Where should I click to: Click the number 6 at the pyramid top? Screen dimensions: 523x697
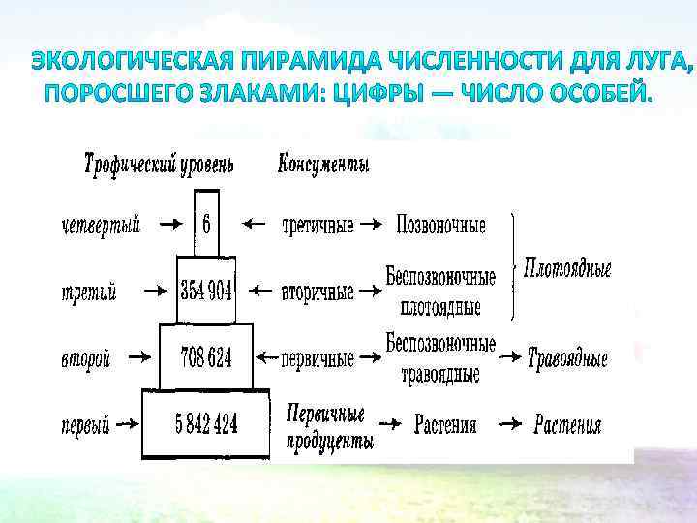(x=206, y=224)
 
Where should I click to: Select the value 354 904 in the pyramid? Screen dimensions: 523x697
(x=206, y=290)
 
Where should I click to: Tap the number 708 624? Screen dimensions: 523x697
(x=205, y=358)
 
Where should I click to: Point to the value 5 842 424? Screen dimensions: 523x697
(x=206, y=423)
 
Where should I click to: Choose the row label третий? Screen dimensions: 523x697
(x=88, y=291)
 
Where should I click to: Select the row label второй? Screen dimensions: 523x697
(x=86, y=358)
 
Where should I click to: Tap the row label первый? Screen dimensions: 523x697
(x=85, y=424)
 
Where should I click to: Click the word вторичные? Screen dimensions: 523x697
(x=317, y=291)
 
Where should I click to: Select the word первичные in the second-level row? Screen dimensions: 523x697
(x=318, y=358)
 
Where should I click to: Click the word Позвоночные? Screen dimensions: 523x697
(x=440, y=225)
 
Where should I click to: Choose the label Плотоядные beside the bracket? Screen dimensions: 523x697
(x=567, y=267)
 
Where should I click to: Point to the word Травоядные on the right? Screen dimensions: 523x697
(x=567, y=359)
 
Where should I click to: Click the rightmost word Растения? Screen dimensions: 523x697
(x=567, y=425)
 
